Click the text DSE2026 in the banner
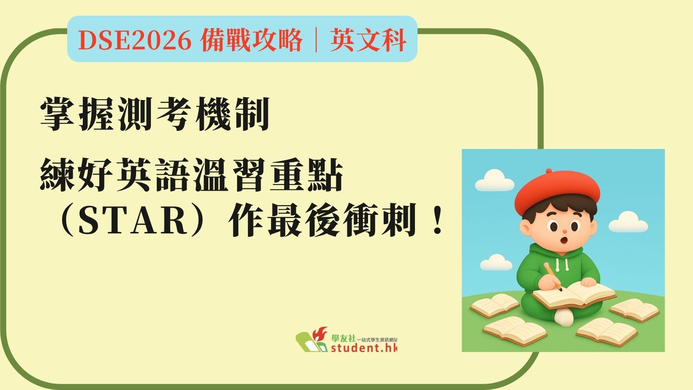pos(134,40)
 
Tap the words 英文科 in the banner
pos(368,40)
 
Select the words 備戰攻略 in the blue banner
pos(251,40)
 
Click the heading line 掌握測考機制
pos(155,114)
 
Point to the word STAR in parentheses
pos(134,219)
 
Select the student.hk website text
pos(364,348)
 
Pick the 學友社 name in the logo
pos(344,338)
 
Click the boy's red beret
pos(557,192)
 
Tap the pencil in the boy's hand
pos(553,277)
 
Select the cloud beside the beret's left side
pos(494,180)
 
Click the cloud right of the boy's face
pos(628,222)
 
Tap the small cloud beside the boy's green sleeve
pos(496,263)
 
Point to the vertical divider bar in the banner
pos(316,40)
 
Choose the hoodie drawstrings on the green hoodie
pos(562,264)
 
